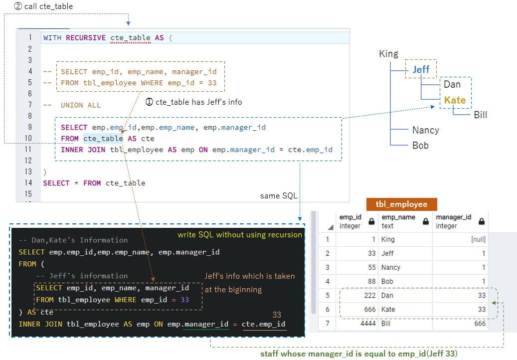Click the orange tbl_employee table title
[x=401, y=204]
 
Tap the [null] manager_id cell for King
[x=478, y=239]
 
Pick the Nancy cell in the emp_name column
[x=391, y=268]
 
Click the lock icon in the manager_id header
[x=481, y=221]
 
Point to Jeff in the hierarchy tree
[x=421, y=70]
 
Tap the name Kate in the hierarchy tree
[x=455, y=100]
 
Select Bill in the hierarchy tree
[x=480, y=115]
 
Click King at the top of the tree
[x=388, y=54]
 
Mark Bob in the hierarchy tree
[x=420, y=146]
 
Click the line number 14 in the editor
[x=28, y=183]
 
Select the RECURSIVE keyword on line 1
[x=86, y=38]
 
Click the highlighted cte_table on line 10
[x=103, y=139]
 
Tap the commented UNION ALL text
[x=80, y=105]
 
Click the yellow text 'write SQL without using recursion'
[x=240, y=235]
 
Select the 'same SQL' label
[x=277, y=196]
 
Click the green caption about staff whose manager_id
[x=358, y=354]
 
